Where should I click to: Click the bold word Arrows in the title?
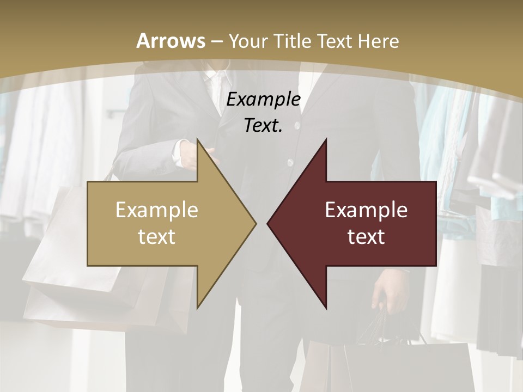coord(171,41)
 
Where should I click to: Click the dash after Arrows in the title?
coord(216,42)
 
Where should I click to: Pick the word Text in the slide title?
coord(335,41)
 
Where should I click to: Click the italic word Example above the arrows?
coord(263,100)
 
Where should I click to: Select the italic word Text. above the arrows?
coord(263,126)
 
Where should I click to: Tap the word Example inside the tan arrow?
coord(157,210)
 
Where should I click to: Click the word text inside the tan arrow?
coord(157,237)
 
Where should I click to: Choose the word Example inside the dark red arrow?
coord(366,210)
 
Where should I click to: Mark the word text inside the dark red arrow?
coord(366,237)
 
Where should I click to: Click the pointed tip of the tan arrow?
coord(256,223)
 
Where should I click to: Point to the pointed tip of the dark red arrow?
coord(268,223)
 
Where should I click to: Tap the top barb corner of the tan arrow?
coord(197,140)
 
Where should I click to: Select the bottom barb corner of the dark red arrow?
coord(326,308)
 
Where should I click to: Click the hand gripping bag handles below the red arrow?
coord(390,297)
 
